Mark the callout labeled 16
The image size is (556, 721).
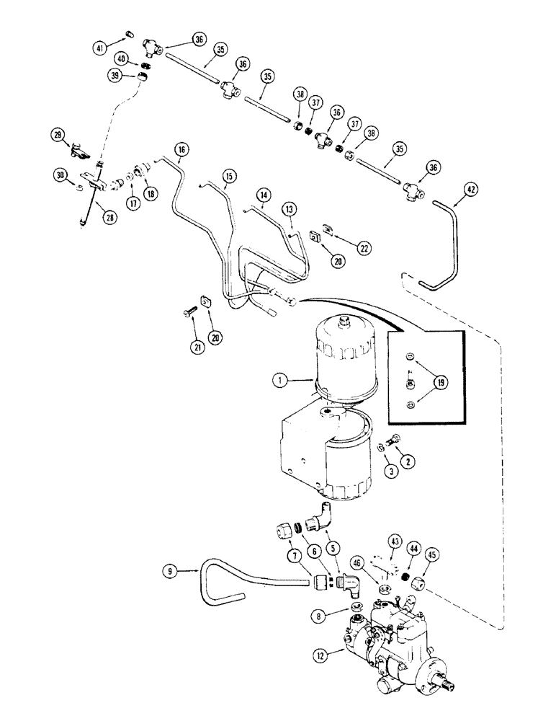(x=181, y=150)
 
